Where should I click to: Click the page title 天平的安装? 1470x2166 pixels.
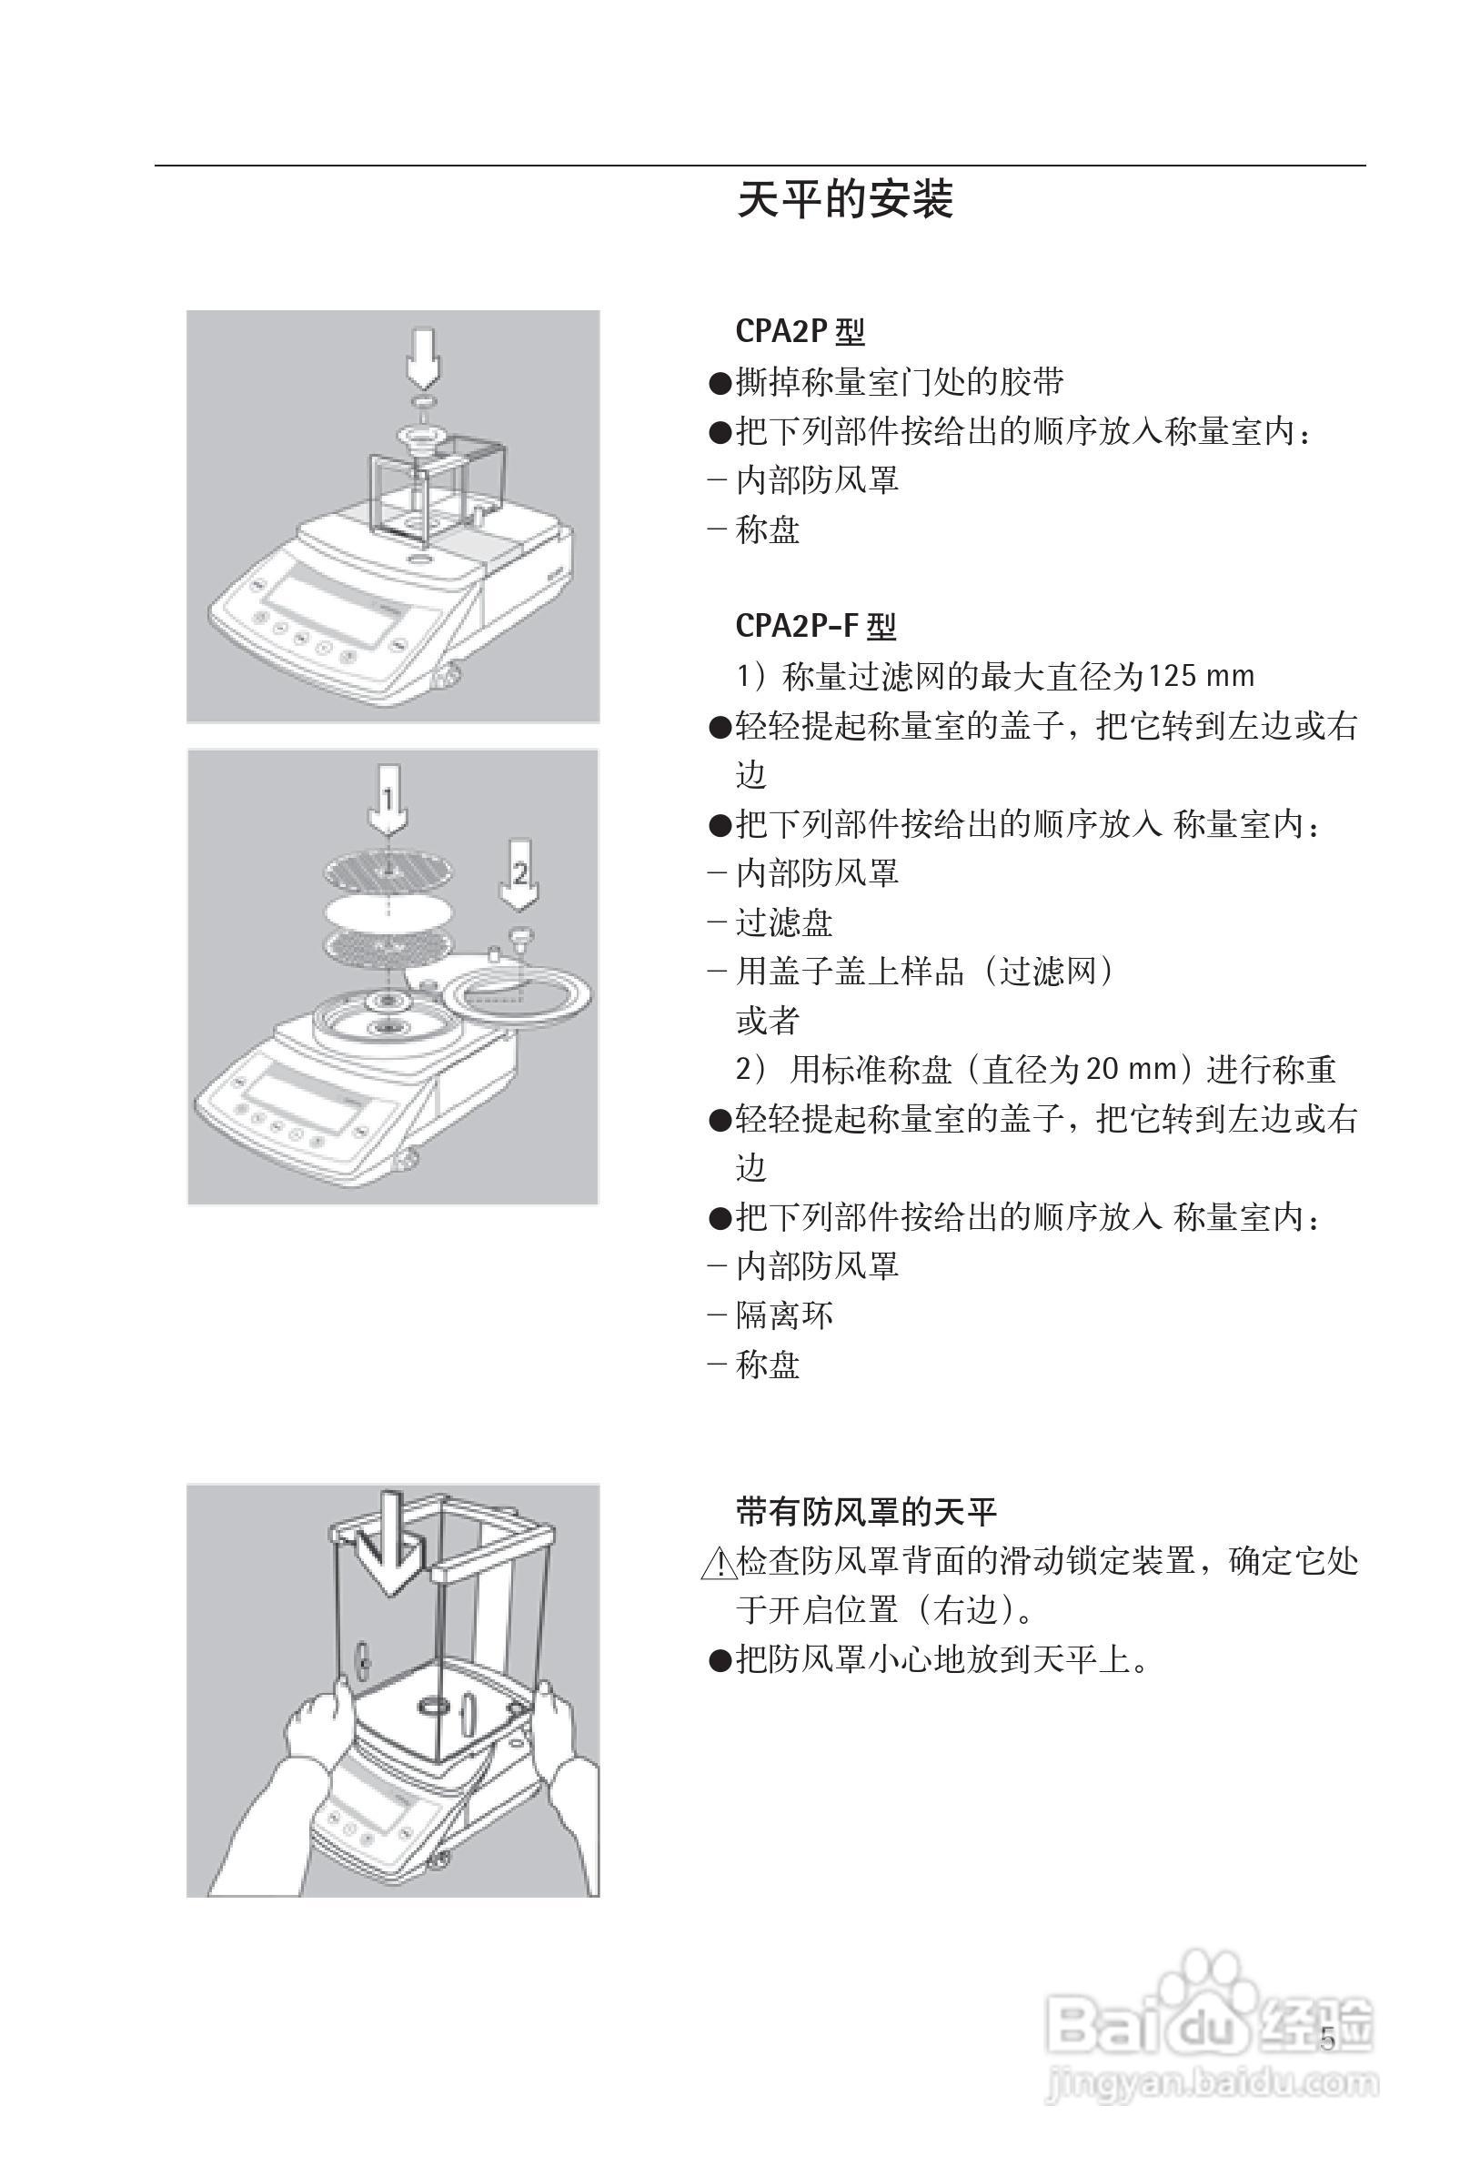(844, 200)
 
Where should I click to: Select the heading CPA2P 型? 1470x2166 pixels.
(800, 331)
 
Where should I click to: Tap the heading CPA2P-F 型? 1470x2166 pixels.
(815, 625)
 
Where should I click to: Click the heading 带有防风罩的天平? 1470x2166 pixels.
(866, 1511)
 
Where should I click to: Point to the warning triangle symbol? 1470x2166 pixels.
(718, 1563)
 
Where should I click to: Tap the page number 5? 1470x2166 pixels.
(1327, 2040)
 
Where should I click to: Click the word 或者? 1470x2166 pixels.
(767, 1021)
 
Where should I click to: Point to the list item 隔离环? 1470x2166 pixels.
(784, 1315)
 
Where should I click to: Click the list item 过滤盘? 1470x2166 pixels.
(784, 922)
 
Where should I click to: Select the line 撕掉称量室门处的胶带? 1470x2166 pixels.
(900, 381)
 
